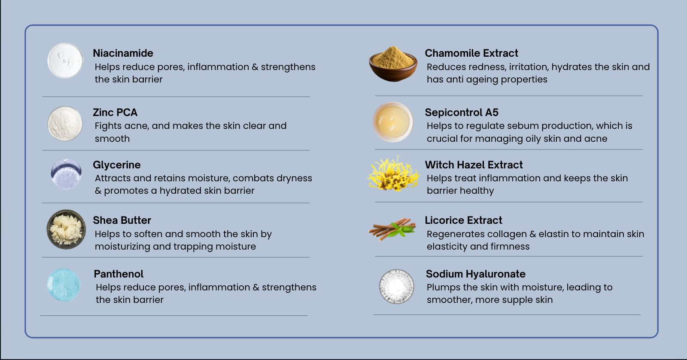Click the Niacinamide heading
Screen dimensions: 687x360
[123, 53]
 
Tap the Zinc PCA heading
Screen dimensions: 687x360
[115, 112]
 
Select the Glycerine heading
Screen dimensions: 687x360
[116, 165]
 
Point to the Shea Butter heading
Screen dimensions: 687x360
[122, 220]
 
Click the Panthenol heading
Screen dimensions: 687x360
[119, 274]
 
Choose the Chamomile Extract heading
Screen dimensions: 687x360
[471, 53]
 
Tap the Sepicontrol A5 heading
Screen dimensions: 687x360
[462, 112]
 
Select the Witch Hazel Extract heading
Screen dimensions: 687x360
[474, 165]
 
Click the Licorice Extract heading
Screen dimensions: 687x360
[463, 220]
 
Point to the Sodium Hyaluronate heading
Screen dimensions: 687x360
[475, 274]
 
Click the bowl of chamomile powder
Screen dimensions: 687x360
[393, 64]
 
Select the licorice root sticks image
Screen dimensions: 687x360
[392, 229]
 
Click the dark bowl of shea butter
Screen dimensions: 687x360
[66, 229]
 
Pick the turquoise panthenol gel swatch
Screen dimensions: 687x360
[64, 285]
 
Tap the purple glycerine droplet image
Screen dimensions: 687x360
[66, 174]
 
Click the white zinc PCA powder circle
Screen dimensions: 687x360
[65, 124]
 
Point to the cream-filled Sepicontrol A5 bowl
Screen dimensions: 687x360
[393, 122]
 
